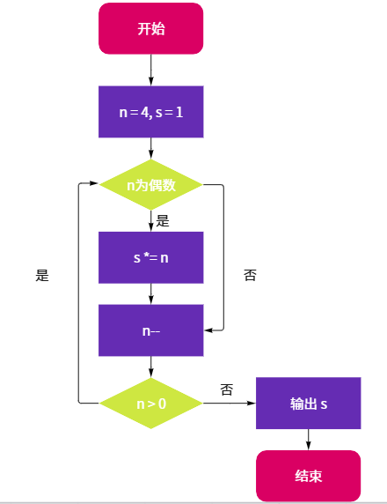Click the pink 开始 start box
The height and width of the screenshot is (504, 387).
click(x=150, y=28)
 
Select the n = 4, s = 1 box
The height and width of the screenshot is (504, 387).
click(x=150, y=112)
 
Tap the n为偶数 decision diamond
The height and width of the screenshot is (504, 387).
click(x=150, y=185)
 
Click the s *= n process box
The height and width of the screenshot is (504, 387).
click(x=150, y=257)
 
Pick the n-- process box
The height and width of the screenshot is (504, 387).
click(x=150, y=330)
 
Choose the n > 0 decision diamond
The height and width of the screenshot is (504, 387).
click(x=150, y=403)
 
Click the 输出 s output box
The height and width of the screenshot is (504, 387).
click(x=309, y=403)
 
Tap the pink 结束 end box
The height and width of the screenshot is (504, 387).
click(x=309, y=476)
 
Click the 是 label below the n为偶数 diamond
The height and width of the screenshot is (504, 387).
click(x=163, y=221)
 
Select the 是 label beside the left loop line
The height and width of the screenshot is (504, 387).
click(x=42, y=276)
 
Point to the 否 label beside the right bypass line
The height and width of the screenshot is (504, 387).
click(x=250, y=275)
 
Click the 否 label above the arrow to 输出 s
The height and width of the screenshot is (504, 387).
click(x=227, y=389)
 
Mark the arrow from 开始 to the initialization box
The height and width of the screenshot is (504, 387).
click(x=150, y=70)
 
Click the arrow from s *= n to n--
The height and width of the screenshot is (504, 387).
click(x=150, y=293)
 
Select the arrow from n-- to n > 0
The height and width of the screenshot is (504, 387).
click(x=150, y=367)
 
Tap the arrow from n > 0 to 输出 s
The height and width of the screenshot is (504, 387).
click(x=230, y=403)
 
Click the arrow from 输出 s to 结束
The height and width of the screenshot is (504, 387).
click(x=309, y=440)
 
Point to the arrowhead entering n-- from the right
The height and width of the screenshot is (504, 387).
click(x=208, y=330)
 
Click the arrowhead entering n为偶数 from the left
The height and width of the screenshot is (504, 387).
click(x=94, y=183)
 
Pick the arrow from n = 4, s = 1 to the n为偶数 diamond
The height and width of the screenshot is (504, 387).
click(x=150, y=149)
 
